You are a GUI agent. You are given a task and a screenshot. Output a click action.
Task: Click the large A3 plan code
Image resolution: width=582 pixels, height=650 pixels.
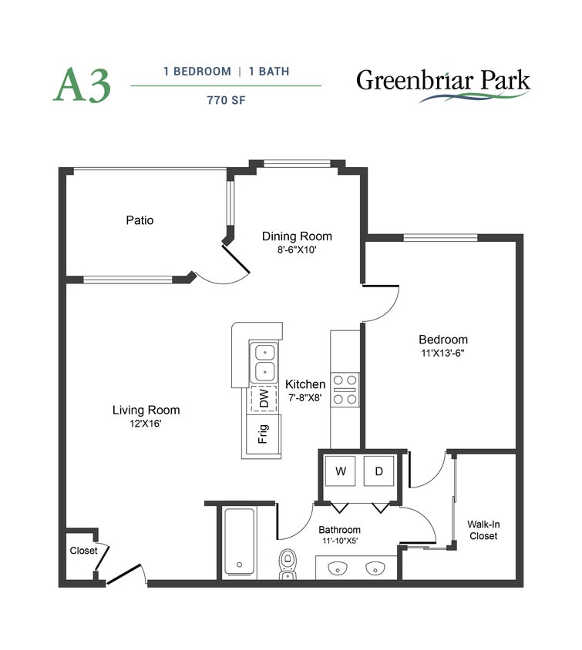click(82, 85)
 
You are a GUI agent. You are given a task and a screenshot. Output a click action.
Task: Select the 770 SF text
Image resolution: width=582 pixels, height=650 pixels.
click(226, 99)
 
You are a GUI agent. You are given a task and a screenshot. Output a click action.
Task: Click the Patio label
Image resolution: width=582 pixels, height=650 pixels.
click(140, 220)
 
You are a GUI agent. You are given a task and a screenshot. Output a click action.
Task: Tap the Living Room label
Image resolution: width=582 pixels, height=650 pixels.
click(146, 410)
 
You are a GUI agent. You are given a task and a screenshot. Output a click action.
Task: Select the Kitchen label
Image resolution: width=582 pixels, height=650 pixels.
click(305, 384)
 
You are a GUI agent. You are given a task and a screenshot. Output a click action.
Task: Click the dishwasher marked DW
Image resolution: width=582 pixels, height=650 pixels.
click(264, 399)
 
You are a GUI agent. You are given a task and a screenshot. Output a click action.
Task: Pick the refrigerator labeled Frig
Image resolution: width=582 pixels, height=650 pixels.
click(263, 436)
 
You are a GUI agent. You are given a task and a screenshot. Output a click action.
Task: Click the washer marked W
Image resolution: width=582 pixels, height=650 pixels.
click(340, 471)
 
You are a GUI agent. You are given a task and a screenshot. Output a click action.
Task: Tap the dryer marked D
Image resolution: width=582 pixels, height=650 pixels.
click(378, 471)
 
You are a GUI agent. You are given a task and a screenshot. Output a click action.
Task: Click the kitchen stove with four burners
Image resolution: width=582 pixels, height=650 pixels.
click(345, 389)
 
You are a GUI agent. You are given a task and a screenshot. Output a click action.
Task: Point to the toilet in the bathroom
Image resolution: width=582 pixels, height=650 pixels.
click(288, 562)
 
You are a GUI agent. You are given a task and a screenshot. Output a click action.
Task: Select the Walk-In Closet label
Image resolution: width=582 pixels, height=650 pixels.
click(483, 530)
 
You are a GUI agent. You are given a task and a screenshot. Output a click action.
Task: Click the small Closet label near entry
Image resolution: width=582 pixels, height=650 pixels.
click(83, 551)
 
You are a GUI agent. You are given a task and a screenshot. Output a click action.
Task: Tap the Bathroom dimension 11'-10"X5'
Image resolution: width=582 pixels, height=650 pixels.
click(340, 541)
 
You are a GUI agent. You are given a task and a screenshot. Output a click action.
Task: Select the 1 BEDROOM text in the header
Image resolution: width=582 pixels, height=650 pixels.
click(197, 71)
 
